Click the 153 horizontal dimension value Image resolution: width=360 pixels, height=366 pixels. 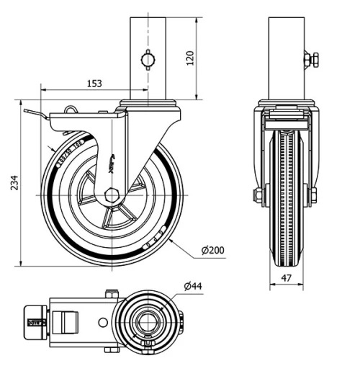(x=94, y=83)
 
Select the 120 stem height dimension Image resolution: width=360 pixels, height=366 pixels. (x=190, y=58)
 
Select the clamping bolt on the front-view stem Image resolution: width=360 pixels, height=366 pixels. (x=311, y=60)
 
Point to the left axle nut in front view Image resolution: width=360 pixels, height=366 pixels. (x=258, y=195)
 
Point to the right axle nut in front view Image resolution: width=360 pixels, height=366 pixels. (x=314, y=195)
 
